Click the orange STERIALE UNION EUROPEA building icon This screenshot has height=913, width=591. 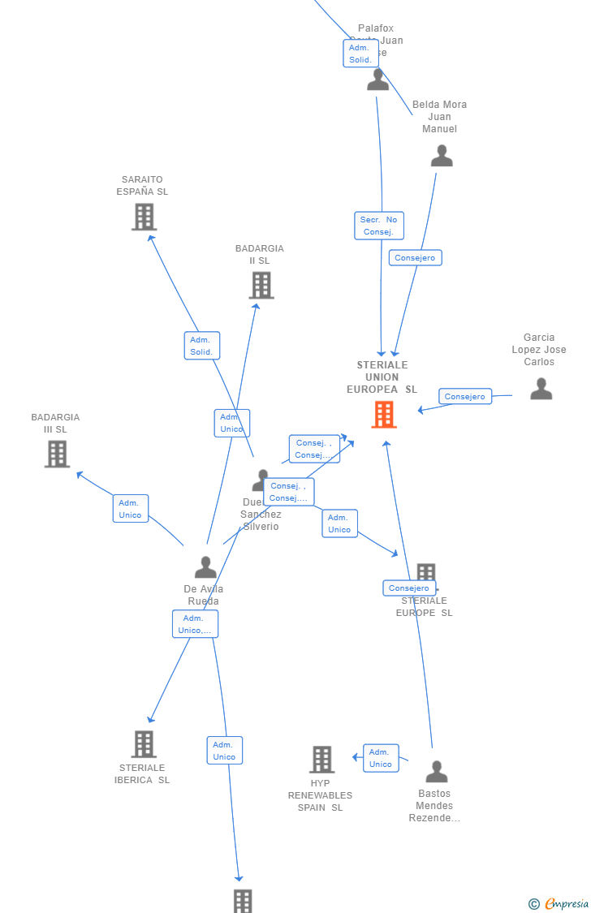pos(384,414)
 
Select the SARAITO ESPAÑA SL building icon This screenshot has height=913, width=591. pos(144,217)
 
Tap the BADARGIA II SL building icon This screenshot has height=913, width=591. pos(261,285)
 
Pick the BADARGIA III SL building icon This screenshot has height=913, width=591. pos(57,454)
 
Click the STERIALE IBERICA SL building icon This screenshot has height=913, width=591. pos(144,743)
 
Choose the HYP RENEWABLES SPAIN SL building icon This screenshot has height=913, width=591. pos(321,759)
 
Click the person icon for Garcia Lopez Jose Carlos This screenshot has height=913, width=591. pos(541,390)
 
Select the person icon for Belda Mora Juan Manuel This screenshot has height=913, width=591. pos(442,156)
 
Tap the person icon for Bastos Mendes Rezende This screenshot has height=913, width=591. pos(437,772)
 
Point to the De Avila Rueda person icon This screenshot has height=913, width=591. pos(205,567)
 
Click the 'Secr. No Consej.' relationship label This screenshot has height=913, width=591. pos(379,226)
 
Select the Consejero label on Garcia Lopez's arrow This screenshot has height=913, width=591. pos(465,396)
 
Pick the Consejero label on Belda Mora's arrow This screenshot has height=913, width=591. pos(415,257)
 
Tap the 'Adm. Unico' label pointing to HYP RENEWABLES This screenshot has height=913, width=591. pos(381,758)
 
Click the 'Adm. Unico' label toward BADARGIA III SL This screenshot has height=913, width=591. pos(131,508)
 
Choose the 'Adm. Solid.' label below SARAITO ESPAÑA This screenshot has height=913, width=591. pos(202,346)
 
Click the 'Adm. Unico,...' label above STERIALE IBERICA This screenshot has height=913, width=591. pos(195,624)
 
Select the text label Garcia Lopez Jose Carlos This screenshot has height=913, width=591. pos(539,350)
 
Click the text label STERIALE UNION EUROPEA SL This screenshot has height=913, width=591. pos(382,377)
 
